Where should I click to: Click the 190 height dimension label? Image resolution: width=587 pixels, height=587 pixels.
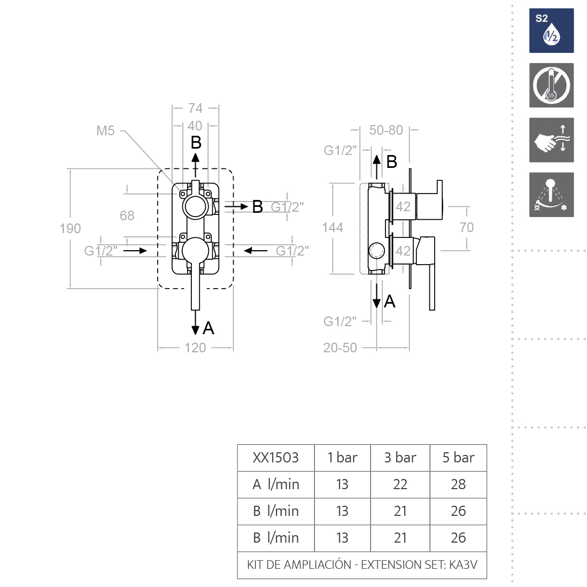click(70, 228)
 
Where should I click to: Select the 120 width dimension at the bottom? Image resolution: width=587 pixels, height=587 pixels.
click(195, 347)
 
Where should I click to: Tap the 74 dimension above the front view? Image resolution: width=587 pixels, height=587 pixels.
click(195, 108)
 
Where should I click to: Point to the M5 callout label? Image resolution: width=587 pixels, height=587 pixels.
click(105, 130)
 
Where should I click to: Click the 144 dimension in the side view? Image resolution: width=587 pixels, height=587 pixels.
click(333, 227)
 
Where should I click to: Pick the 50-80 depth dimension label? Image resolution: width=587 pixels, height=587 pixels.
click(386, 130)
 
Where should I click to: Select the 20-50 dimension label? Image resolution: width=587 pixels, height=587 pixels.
click(340, 347)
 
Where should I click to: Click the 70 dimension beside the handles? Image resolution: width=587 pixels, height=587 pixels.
click(467, 227)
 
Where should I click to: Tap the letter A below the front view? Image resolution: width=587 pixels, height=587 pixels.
click(208, 328)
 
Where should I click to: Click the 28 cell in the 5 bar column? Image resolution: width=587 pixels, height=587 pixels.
click(458, 484)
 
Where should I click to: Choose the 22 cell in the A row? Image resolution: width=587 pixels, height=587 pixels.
click(400, 484)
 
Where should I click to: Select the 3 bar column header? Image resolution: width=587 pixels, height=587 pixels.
click(400, 458)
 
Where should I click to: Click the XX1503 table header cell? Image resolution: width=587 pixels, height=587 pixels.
click(276, 458)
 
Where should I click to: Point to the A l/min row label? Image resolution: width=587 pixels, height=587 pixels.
click(276, 484)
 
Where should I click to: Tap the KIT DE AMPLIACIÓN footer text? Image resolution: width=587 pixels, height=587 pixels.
click(362, 565)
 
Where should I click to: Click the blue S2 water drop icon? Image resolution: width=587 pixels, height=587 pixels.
click(551, 30)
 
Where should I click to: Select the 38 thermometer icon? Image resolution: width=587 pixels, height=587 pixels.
click(551, 86)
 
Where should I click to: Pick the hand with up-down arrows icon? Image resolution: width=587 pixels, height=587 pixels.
click(551, 140)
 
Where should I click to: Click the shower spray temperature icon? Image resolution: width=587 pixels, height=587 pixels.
click(551, 195)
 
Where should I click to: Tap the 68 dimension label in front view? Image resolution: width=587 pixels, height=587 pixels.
click(127, 215)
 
